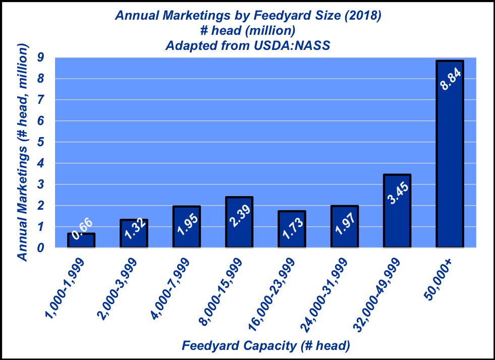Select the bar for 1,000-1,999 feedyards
coord(81,241)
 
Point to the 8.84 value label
coord(450,79)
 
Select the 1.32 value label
coord(134,233)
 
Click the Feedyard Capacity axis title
coord(265,346)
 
